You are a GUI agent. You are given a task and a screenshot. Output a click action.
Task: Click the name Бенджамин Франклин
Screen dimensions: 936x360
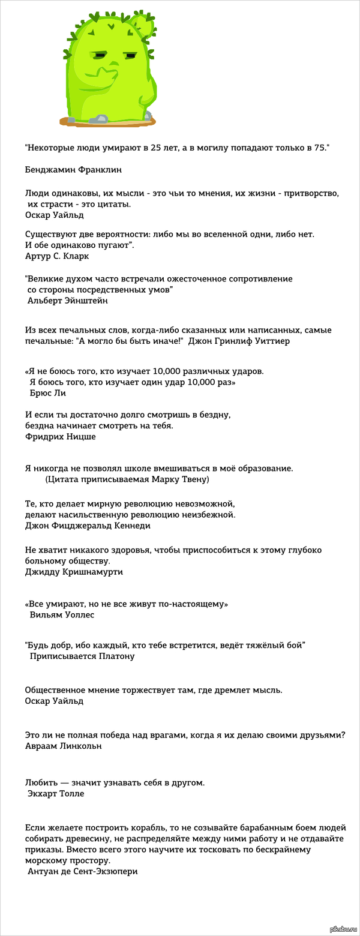pos(73,170)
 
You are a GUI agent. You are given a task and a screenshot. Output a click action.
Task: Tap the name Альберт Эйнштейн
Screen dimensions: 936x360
pos(68,301)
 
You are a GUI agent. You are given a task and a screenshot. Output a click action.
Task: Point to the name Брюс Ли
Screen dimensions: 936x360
pos(47,393)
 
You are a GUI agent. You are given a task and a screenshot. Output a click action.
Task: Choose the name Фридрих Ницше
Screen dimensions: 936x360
pos(61,436)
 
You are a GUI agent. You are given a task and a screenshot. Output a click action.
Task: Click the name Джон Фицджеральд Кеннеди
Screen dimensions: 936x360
pos(88,526)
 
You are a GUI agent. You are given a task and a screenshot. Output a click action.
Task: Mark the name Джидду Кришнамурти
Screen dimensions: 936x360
pos(74,571)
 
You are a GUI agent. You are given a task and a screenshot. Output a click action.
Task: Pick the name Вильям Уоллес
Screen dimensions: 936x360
pos(62,614)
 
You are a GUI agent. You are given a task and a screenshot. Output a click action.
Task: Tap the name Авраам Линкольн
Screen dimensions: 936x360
pos(64,746)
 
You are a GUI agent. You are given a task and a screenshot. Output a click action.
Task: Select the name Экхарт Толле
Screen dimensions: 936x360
pos(56,794)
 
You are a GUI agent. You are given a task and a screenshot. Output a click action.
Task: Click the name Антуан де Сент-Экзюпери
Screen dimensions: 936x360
pos(83,871)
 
